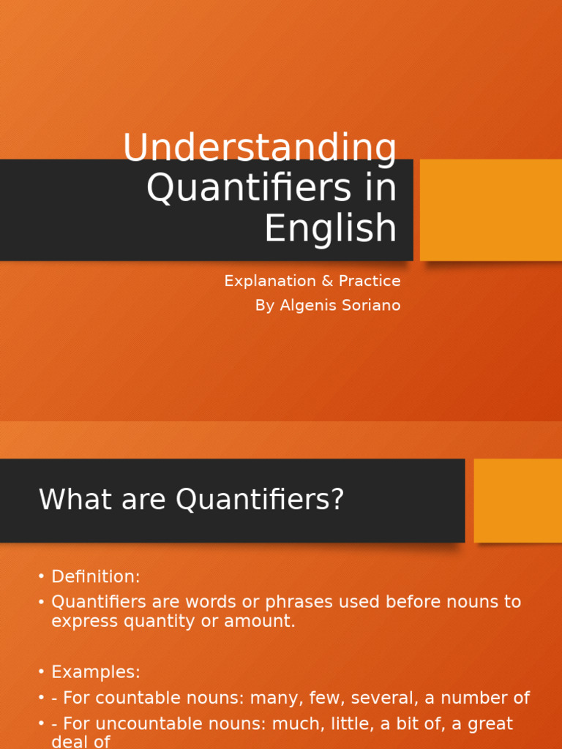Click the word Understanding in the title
(260, 148)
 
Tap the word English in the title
(330, 227)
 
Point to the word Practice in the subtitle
(369, 281)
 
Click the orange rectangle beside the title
(491, 210)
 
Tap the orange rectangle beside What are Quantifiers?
(518, 500)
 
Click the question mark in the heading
(337, 500)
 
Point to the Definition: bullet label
(95, 577)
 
